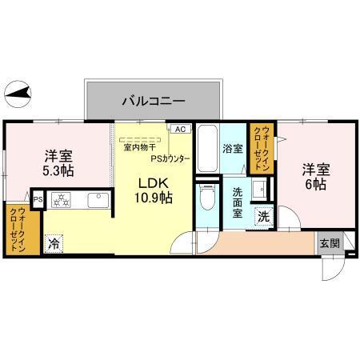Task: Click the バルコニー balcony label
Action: pos(154,102)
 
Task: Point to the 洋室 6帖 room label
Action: pos(314,177)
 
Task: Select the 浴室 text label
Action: pos(234,149)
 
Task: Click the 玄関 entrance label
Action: pos(329,243)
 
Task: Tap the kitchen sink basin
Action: pos(96,200)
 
